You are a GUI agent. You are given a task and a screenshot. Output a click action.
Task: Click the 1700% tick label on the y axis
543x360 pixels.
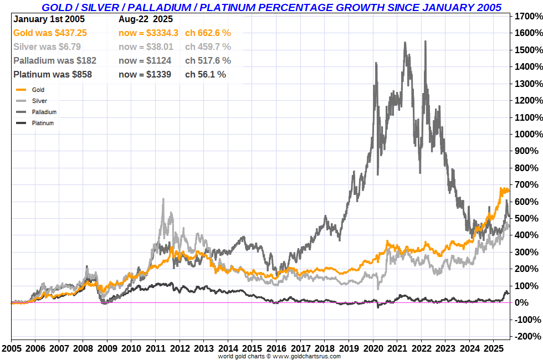coord(527,16)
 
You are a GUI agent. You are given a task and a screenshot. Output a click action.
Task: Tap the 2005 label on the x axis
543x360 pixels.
coord(11,349)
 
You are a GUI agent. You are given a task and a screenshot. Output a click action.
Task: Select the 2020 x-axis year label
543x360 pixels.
coord(373,349)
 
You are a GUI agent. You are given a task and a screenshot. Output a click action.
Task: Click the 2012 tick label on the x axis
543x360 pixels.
coord(180,349)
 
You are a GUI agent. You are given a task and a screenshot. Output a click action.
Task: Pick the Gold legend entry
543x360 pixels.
coord(38,90)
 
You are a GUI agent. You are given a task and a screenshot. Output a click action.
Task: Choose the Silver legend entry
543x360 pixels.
coord(39,101)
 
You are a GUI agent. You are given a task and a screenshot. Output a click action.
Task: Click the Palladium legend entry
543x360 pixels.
coord(44,112)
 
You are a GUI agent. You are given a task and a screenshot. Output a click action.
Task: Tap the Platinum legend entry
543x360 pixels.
coord(43,123)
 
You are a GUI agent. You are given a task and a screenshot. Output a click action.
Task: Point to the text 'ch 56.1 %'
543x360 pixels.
coord(206,74)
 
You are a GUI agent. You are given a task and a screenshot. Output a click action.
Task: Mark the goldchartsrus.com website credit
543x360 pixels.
coord(279,356)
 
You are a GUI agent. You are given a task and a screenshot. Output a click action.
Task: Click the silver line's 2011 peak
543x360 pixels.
coord(163,199)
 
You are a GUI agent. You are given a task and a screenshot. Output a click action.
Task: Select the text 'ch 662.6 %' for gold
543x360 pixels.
coord(208,33)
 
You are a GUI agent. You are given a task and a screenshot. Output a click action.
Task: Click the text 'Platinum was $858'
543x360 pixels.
coord(52,74)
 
